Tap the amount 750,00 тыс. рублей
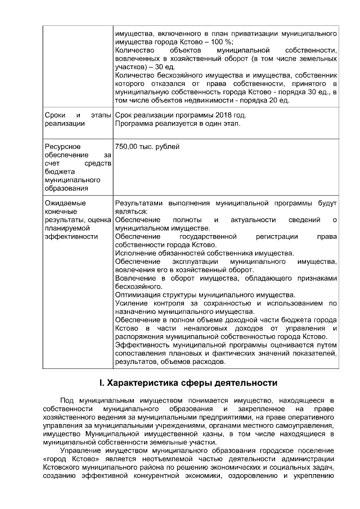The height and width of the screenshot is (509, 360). coord(147,147)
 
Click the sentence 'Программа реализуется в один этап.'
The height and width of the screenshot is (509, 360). coord(178,123)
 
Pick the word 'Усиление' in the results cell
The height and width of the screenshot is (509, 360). coord(131,303)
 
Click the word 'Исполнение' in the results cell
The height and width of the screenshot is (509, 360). coord(136,253)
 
